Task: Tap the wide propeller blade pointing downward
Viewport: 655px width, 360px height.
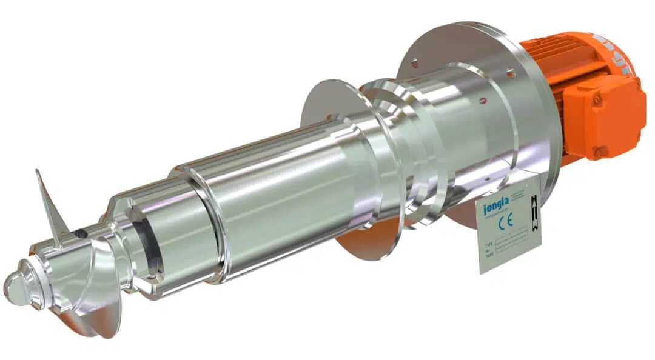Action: tap(91, 303)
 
